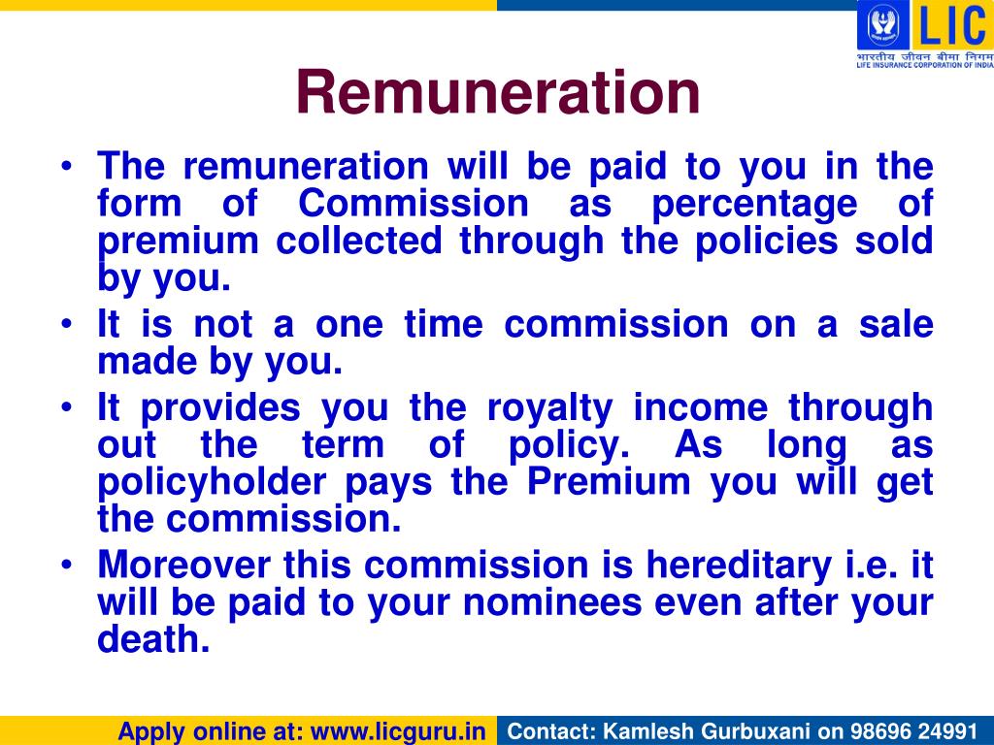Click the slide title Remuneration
pos(498,92)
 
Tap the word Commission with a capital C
pos(413,205)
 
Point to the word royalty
pos(548,408)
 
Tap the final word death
pos(153,640)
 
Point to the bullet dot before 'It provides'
pos(66,407)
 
